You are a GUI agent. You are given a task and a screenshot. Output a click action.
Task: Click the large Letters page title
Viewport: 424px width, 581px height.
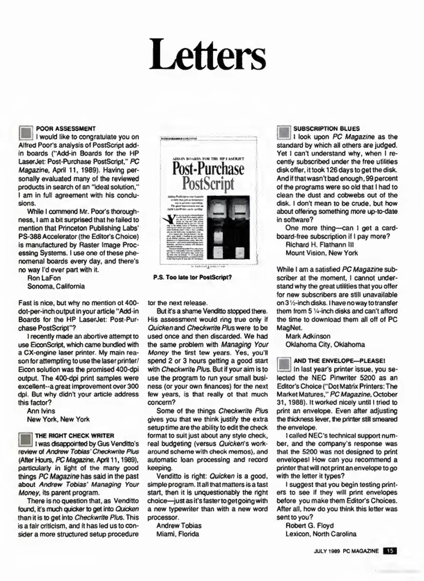point(207,55)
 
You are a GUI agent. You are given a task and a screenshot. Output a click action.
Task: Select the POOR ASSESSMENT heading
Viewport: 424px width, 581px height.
point(66,129)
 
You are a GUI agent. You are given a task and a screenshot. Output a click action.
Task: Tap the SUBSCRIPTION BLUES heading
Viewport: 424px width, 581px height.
point(326,129)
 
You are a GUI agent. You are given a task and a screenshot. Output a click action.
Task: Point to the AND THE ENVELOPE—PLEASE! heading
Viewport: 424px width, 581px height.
point(339,361)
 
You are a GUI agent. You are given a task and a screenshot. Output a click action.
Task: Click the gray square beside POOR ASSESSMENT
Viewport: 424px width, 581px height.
point(26,133)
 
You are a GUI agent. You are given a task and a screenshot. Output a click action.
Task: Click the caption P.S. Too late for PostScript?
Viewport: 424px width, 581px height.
point(192,277)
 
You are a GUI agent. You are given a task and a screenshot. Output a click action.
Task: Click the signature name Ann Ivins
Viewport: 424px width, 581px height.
point(41,411)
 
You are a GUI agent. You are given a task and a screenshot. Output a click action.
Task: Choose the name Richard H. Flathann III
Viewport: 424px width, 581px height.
point(319,245)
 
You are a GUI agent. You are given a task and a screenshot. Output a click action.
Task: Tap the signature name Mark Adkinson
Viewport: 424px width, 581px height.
point(308,336)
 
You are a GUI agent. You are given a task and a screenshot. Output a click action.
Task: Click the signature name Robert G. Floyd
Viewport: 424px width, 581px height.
point(309,526)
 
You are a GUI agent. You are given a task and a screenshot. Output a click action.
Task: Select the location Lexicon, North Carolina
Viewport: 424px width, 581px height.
point(321,534)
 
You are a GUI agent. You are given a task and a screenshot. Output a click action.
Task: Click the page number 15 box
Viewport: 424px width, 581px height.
point(390,551)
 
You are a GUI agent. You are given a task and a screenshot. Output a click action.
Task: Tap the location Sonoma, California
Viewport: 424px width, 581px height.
point(56,286)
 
